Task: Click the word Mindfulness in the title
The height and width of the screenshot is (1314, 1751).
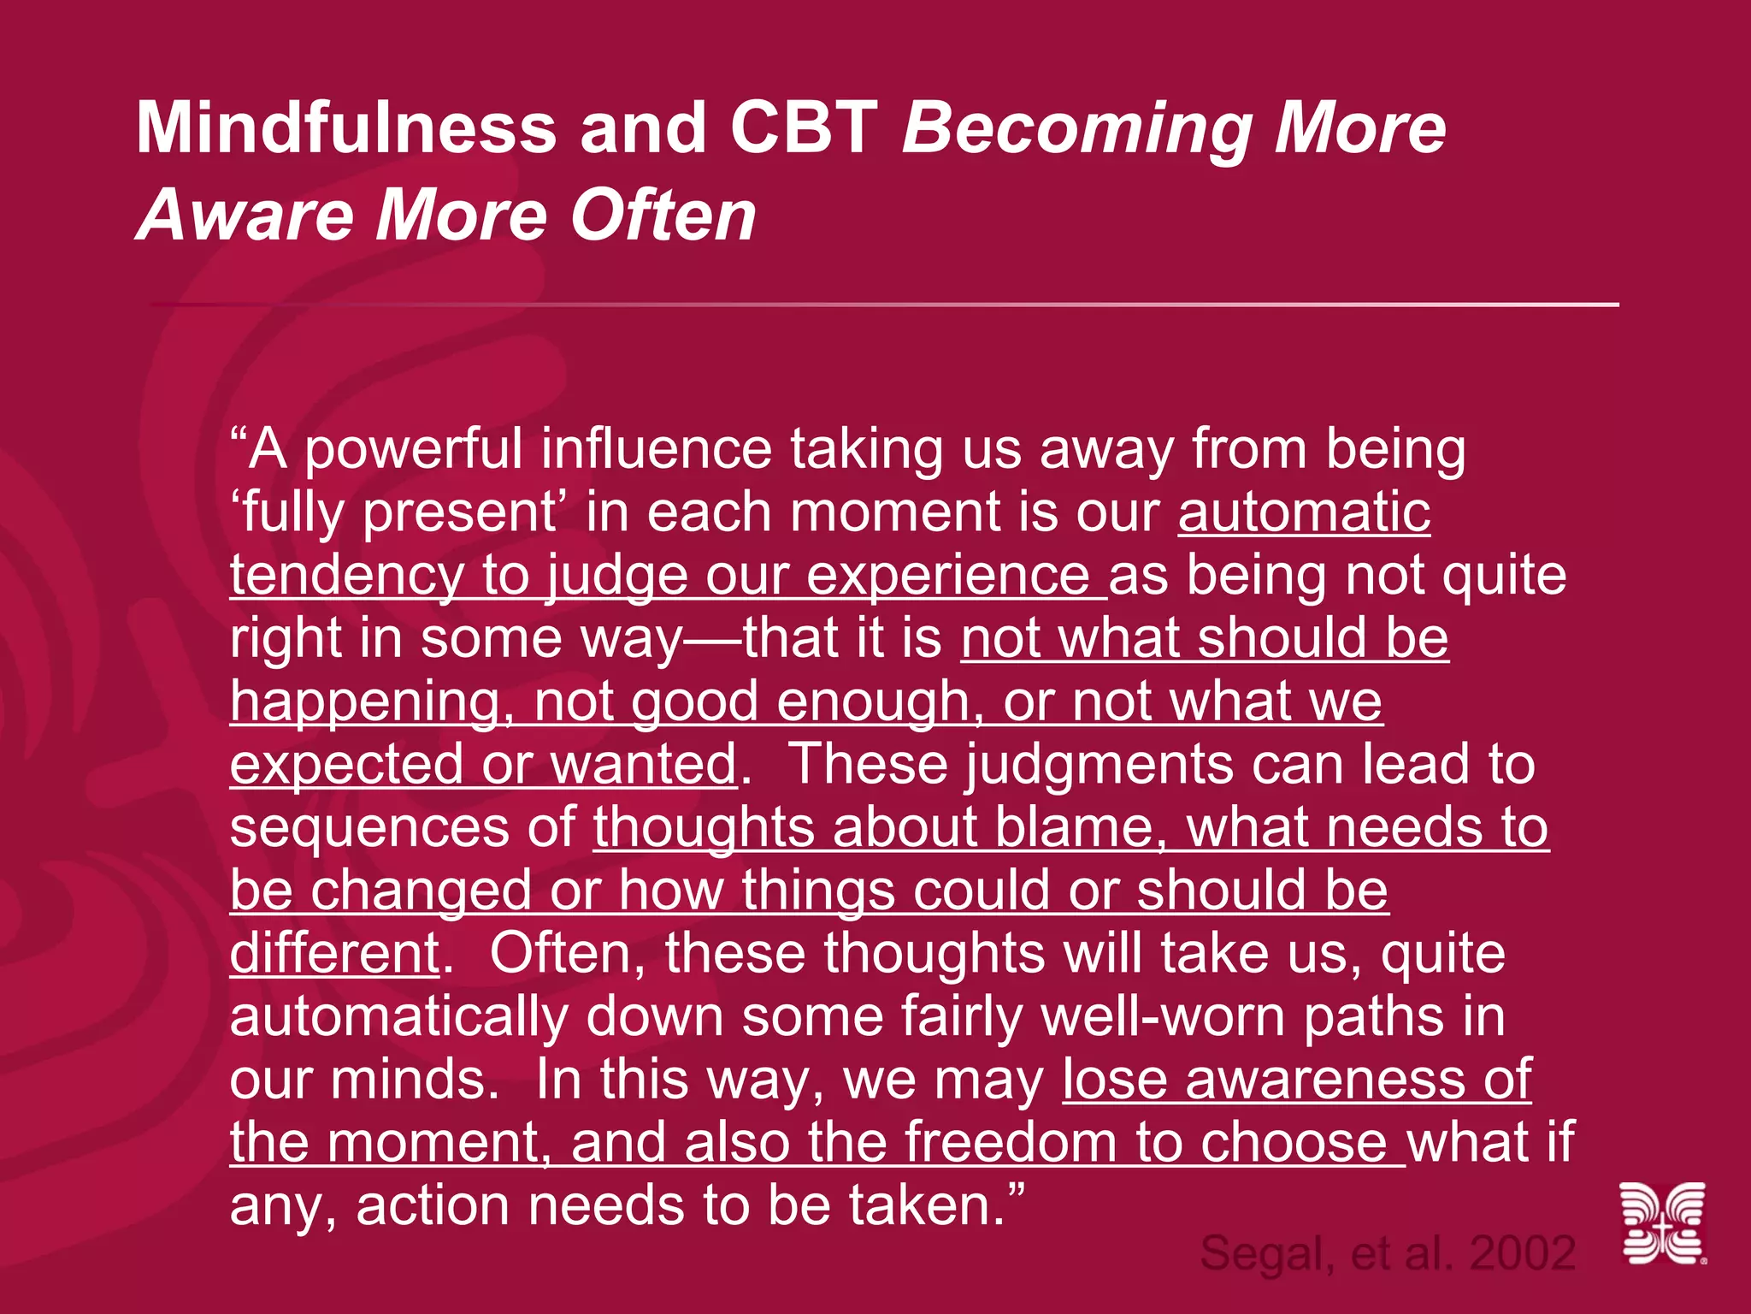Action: click(346, 128)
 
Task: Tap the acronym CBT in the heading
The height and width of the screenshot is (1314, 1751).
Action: click(804, 128)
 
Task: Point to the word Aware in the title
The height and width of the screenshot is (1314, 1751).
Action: click(244, 216)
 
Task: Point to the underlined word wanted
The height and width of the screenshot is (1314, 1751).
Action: click(643, 764)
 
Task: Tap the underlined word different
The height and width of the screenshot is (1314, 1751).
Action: click(334, 953)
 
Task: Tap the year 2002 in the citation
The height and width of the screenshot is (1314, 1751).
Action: click(1522, 1254)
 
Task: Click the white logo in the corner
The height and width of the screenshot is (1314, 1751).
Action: click(1663, 1223)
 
